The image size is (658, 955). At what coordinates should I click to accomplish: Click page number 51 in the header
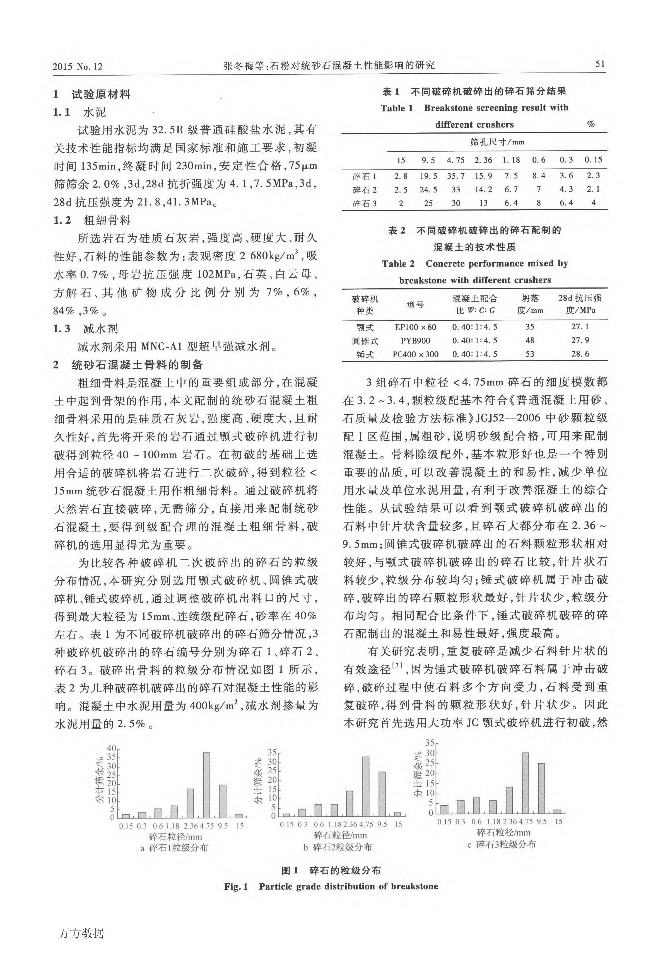(600, 64)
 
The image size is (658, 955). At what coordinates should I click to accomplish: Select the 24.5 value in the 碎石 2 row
(428, 190)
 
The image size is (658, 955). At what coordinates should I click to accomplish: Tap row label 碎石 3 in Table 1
(365, 204)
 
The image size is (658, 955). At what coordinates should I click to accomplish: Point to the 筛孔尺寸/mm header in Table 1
(497, 142)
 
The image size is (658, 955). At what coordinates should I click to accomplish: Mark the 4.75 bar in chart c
(525, 783)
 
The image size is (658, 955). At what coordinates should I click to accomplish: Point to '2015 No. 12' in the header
(78, 66)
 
